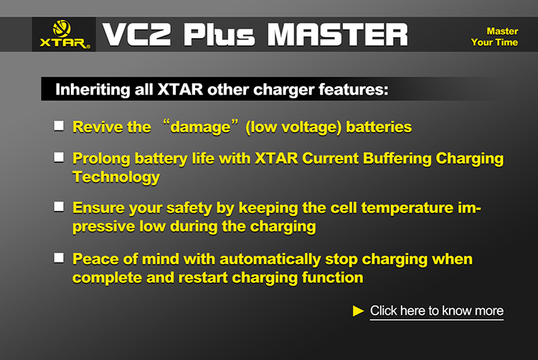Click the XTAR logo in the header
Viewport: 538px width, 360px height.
coord(64,34)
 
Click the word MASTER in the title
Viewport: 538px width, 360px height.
coord(338,34)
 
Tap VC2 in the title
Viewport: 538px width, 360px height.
coord(136,34)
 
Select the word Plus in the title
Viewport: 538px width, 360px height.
coord(219,34)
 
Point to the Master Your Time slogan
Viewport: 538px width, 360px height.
coord(494,37)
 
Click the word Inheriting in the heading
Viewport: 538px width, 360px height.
coord(93,90)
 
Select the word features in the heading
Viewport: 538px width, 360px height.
coord(354,90)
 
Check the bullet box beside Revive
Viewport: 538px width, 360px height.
coord(59,125)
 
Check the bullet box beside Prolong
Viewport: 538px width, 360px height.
coord(59,157)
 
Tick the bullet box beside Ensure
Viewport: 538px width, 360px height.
coord(59,207)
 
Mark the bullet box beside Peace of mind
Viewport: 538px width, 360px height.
coord(59,258)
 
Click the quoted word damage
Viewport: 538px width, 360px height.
coord(200,127)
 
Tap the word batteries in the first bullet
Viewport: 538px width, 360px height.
coord(379,127)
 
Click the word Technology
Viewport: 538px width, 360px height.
coord(116,177)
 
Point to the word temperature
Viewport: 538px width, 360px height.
coord(407,208)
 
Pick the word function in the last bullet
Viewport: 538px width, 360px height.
coord(332,278)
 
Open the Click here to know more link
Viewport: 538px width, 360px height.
coord(437,311)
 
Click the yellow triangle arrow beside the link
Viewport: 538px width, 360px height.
coord(358,311)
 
